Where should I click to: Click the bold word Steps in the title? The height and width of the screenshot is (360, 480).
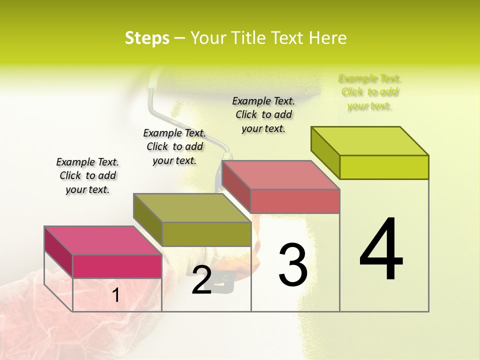tap(147, 38)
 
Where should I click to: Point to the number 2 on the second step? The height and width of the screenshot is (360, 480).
tap(201, 279)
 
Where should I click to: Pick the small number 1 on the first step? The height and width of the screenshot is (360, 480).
tap(116, 295)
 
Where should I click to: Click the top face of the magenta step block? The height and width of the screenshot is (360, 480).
tap(103, 240)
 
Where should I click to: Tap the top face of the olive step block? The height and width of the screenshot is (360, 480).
tap(192, 208)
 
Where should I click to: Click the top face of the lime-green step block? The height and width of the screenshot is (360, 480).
tap(370, 141)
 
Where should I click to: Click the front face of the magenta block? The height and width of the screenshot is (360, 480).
tap(117, 266)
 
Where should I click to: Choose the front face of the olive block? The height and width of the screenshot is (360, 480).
tap(206, 234)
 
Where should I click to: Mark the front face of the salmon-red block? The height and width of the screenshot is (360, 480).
tap(295, 201)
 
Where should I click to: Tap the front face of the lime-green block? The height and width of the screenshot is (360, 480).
tap(384, 167)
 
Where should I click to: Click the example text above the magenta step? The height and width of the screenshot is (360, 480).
tap(87, 175)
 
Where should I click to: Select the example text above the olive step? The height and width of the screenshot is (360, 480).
tap(174, 146)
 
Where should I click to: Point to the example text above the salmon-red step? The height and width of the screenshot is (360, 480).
tap(263, 114)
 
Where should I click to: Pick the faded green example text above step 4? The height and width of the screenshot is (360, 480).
tap(369, 92)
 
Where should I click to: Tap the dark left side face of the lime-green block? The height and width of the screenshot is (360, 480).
tap(325, 152)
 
